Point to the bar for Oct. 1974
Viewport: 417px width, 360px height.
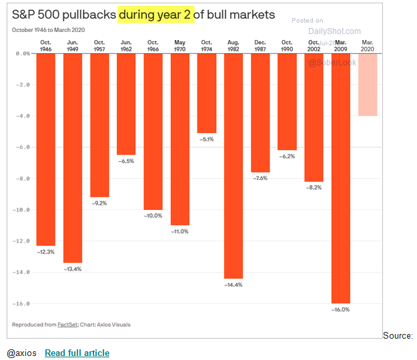pos(207,93)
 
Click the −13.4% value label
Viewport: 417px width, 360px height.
pos(73,269)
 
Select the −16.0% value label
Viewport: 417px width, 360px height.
pos(340,309)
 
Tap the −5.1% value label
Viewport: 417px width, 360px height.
pos(207,139)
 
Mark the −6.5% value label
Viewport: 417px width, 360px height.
pos(126,161)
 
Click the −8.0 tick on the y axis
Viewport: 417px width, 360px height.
pos(24,179)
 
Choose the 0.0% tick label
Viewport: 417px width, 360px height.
pos(23,53)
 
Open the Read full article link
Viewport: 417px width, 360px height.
pos(77,353)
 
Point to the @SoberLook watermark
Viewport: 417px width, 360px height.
pos(332,63)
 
